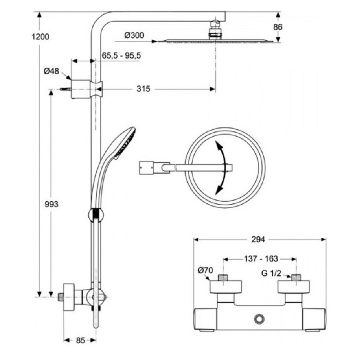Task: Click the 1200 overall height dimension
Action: [40, 36]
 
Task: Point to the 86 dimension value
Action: [278, 27]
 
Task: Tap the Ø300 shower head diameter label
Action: [134, 36]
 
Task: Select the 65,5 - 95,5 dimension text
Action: [121, 55]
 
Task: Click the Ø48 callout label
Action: [51, 71]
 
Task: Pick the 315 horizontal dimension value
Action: [143, 89]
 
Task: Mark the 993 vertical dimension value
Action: [51, 204]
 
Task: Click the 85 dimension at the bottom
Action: [81, 340]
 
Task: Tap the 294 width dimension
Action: [258, 239]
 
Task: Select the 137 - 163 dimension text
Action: [261, 259]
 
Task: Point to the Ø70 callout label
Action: [206, 270]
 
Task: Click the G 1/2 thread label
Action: [271, 273]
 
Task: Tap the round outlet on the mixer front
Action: [260, 319]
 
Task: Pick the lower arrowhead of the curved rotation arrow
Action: [219, 189]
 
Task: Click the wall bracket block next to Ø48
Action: [81, 89]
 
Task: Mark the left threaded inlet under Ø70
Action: [224, 277]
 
